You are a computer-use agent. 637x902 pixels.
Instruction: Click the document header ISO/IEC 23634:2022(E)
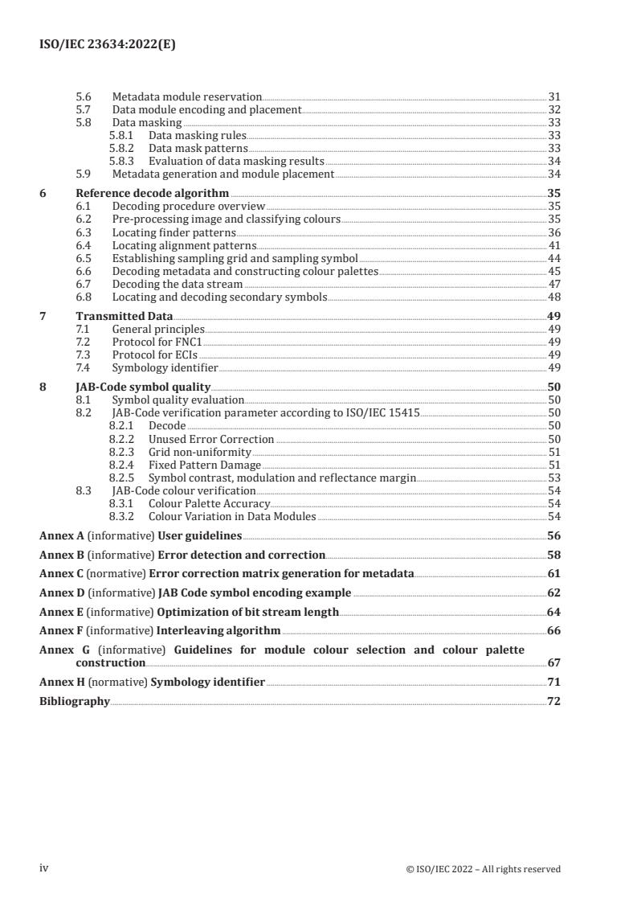click(108, 45)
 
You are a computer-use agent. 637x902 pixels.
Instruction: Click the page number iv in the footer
click(44, 868)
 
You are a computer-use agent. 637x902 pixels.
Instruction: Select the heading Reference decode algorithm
click(152, 194)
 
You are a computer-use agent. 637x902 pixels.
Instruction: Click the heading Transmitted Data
click(124, 317)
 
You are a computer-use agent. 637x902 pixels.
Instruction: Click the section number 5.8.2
click(120, 149)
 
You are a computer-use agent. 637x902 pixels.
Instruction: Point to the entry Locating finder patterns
click(173, 232)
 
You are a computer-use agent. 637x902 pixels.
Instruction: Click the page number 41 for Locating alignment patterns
click(553, 245)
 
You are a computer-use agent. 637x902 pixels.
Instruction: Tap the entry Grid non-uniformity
click(200, 452)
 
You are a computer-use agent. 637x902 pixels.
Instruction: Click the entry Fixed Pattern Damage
click(205, 465)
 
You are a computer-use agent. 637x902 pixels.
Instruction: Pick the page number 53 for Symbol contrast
click(553, 478)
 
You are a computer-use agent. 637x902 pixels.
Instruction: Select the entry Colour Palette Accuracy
click(209, 503)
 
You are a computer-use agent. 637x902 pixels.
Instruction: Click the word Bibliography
click(75, 701)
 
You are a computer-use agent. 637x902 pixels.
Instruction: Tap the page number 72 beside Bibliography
click(553, 701)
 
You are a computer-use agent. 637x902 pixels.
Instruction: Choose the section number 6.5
click(84, 258)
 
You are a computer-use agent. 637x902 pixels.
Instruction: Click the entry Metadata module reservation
click(187, 96)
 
